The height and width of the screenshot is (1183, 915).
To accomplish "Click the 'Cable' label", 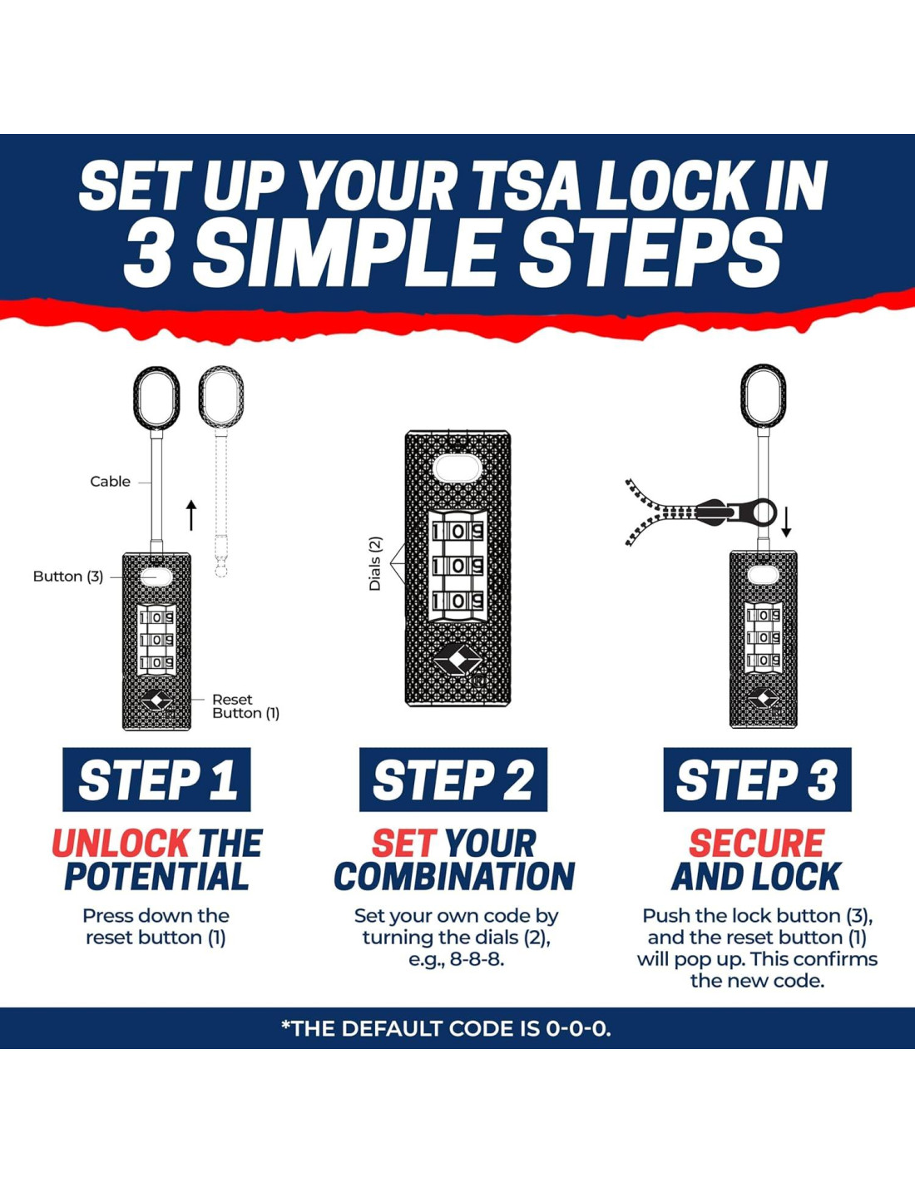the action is (110, 481).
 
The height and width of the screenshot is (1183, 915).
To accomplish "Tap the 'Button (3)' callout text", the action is (68, 577).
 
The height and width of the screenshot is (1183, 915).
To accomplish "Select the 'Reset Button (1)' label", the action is (245, 706).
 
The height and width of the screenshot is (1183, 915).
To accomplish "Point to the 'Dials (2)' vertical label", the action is (376, 564).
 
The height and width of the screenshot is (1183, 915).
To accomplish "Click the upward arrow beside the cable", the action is (191, 516).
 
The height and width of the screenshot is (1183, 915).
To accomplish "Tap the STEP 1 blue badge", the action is (156, 779).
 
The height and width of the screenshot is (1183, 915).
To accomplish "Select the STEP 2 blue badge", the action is (453, 779).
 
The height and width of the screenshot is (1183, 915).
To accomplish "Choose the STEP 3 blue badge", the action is (757, 779).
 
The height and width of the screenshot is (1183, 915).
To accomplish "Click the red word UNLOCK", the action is (120, 843).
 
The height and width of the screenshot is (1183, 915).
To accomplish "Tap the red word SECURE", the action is (757, 843).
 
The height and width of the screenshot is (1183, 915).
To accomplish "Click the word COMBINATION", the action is (454, 876).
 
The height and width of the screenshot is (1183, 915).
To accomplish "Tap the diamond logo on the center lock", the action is (457, 660).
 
